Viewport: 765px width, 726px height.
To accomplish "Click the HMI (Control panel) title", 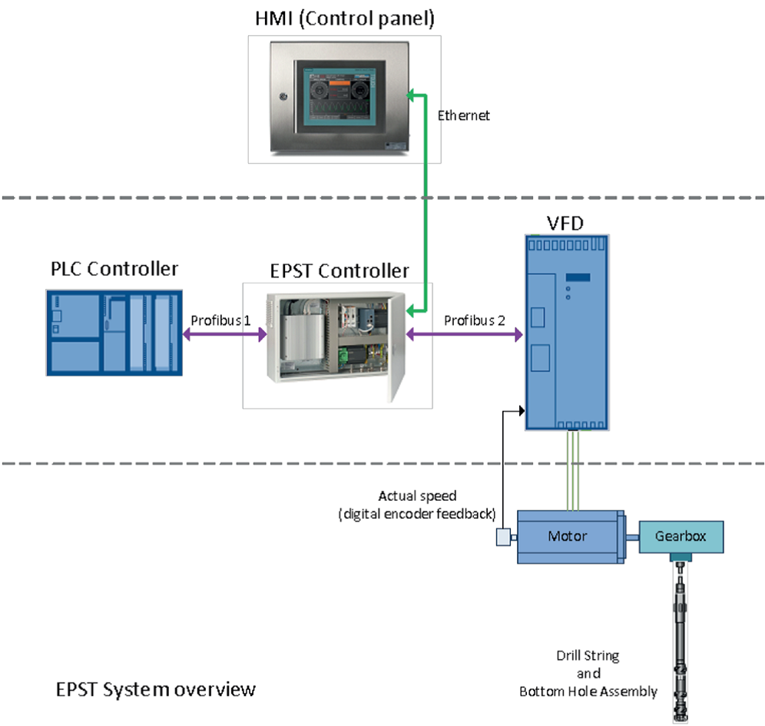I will pyautogui.click(x=345, y=18).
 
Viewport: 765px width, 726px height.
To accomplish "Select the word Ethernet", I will pyautogui.click(x=463, y=116).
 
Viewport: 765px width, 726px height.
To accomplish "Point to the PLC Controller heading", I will pyautogui.click(x=114, y=269).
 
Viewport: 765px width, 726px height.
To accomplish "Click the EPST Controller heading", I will pyautogui.click(x=339, y=270).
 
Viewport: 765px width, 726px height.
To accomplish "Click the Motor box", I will pyautogui.click(x=567, y=535).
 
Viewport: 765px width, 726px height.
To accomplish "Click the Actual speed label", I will pyautogui.click(x=416, y=496).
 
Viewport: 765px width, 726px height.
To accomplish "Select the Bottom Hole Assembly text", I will pyautogui.click(x=588, y=691).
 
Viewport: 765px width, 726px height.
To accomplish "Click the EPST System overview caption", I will pyautogui.click(x=156, y=689).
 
